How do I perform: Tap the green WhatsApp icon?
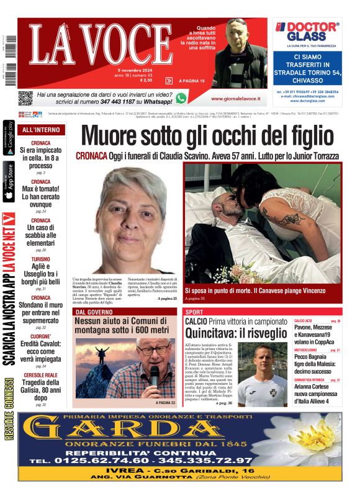tap(181, 98)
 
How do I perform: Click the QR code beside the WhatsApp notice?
tap(25, 98)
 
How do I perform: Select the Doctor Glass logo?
tap(307, 30)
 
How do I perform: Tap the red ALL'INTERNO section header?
tap(41, 130)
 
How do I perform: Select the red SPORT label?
tap(194, 312)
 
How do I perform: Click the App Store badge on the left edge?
tap(8, 182)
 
